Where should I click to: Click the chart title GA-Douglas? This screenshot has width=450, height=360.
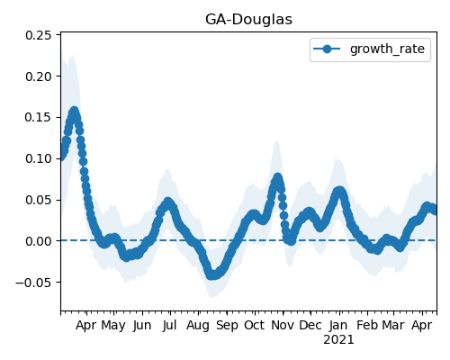coord(248,20)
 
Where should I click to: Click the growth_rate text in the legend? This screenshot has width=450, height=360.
coord(387,49)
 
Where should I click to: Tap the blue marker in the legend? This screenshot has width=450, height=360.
coord(327,49)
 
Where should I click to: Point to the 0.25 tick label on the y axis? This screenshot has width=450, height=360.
coord(39,35)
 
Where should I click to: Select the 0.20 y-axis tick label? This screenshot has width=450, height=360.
coord(39,76)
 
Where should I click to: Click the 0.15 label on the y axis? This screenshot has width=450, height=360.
coord(39,117)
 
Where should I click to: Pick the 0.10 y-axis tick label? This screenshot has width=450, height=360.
coord(39,158)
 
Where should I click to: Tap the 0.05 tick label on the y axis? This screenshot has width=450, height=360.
coord(39,200)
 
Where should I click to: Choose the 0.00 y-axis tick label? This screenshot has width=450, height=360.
coord(39,241)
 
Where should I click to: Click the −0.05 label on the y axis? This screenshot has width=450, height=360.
coord(33,282)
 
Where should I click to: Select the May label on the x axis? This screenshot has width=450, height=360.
coord(113,326)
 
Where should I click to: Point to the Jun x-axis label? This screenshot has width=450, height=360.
coord(142,326)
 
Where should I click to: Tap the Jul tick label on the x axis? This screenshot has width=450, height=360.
coord(169,326)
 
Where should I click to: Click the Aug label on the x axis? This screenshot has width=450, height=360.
coord(198,326)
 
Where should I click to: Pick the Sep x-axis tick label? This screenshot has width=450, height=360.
coord(227,326)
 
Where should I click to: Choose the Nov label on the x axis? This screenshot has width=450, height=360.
coord(283,326)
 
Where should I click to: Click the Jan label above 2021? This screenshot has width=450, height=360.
coord(338,326)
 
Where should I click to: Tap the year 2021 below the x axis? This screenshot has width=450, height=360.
coord(338,340)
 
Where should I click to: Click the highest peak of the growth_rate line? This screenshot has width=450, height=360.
coord(74,111)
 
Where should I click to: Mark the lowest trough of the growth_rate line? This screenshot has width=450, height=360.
coord(212,275)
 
